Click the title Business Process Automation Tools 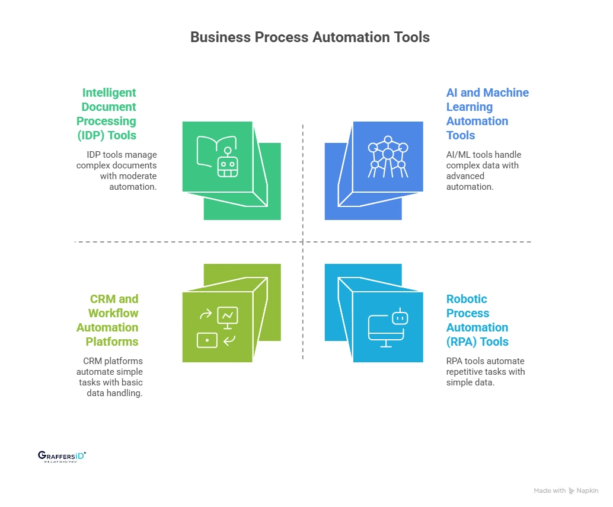pyautogui.click(x=309, y=37)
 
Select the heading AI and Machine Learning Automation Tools pyautogui.click(x=486, y=114)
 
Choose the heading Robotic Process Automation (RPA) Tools pyautogui.click(x=477, y=320)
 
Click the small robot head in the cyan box pyautogui.click(x=401, y=317)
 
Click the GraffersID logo pyautogui.click(x=62, y=456)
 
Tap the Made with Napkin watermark pyautogui.click(x=566, y=490)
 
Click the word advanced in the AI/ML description pyautogui.click(x=465, y=176)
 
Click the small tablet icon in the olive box pyautogui.click(x=207, y=340)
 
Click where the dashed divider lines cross pyautogui.click(x=303, y=242)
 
